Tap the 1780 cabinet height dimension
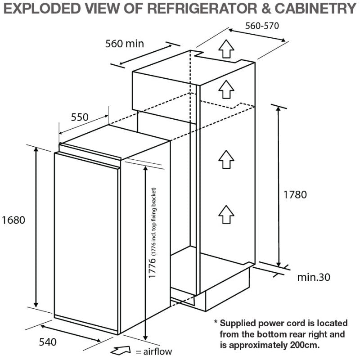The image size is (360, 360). point(295,195)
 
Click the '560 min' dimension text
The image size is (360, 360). point(124,44)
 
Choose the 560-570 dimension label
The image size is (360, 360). point(262,26)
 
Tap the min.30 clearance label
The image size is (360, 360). point(314,277)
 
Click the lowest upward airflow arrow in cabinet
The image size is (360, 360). point(227,213)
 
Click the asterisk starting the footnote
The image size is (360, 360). point(216,322)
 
